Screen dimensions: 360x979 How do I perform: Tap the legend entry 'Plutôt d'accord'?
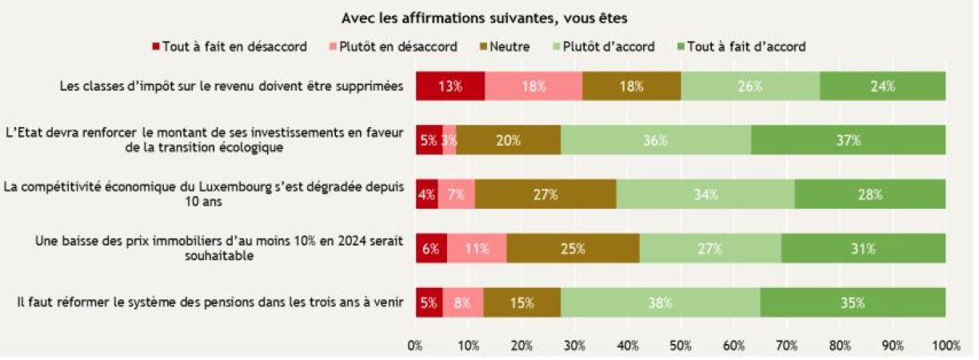click(x=605, y=46)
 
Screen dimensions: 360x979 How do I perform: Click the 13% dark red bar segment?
click(x=450, y=86)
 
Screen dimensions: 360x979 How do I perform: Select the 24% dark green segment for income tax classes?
click(x=883, y=86)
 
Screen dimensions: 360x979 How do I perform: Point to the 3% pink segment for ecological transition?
click(x=450, y=140)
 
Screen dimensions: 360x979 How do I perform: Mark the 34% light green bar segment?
click(x=705, y=194)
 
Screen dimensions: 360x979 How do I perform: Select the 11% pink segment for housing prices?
click(x=477, y=248)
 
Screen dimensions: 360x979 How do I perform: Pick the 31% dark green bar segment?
click(x=864, y=248)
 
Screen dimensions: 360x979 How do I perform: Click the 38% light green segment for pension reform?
click(x=660, y=302)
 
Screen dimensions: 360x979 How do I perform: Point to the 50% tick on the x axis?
click(x=681, y=346)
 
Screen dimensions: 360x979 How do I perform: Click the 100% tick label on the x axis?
click(x=945, y=346)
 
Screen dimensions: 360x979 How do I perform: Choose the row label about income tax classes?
click(x=231, y=86)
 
